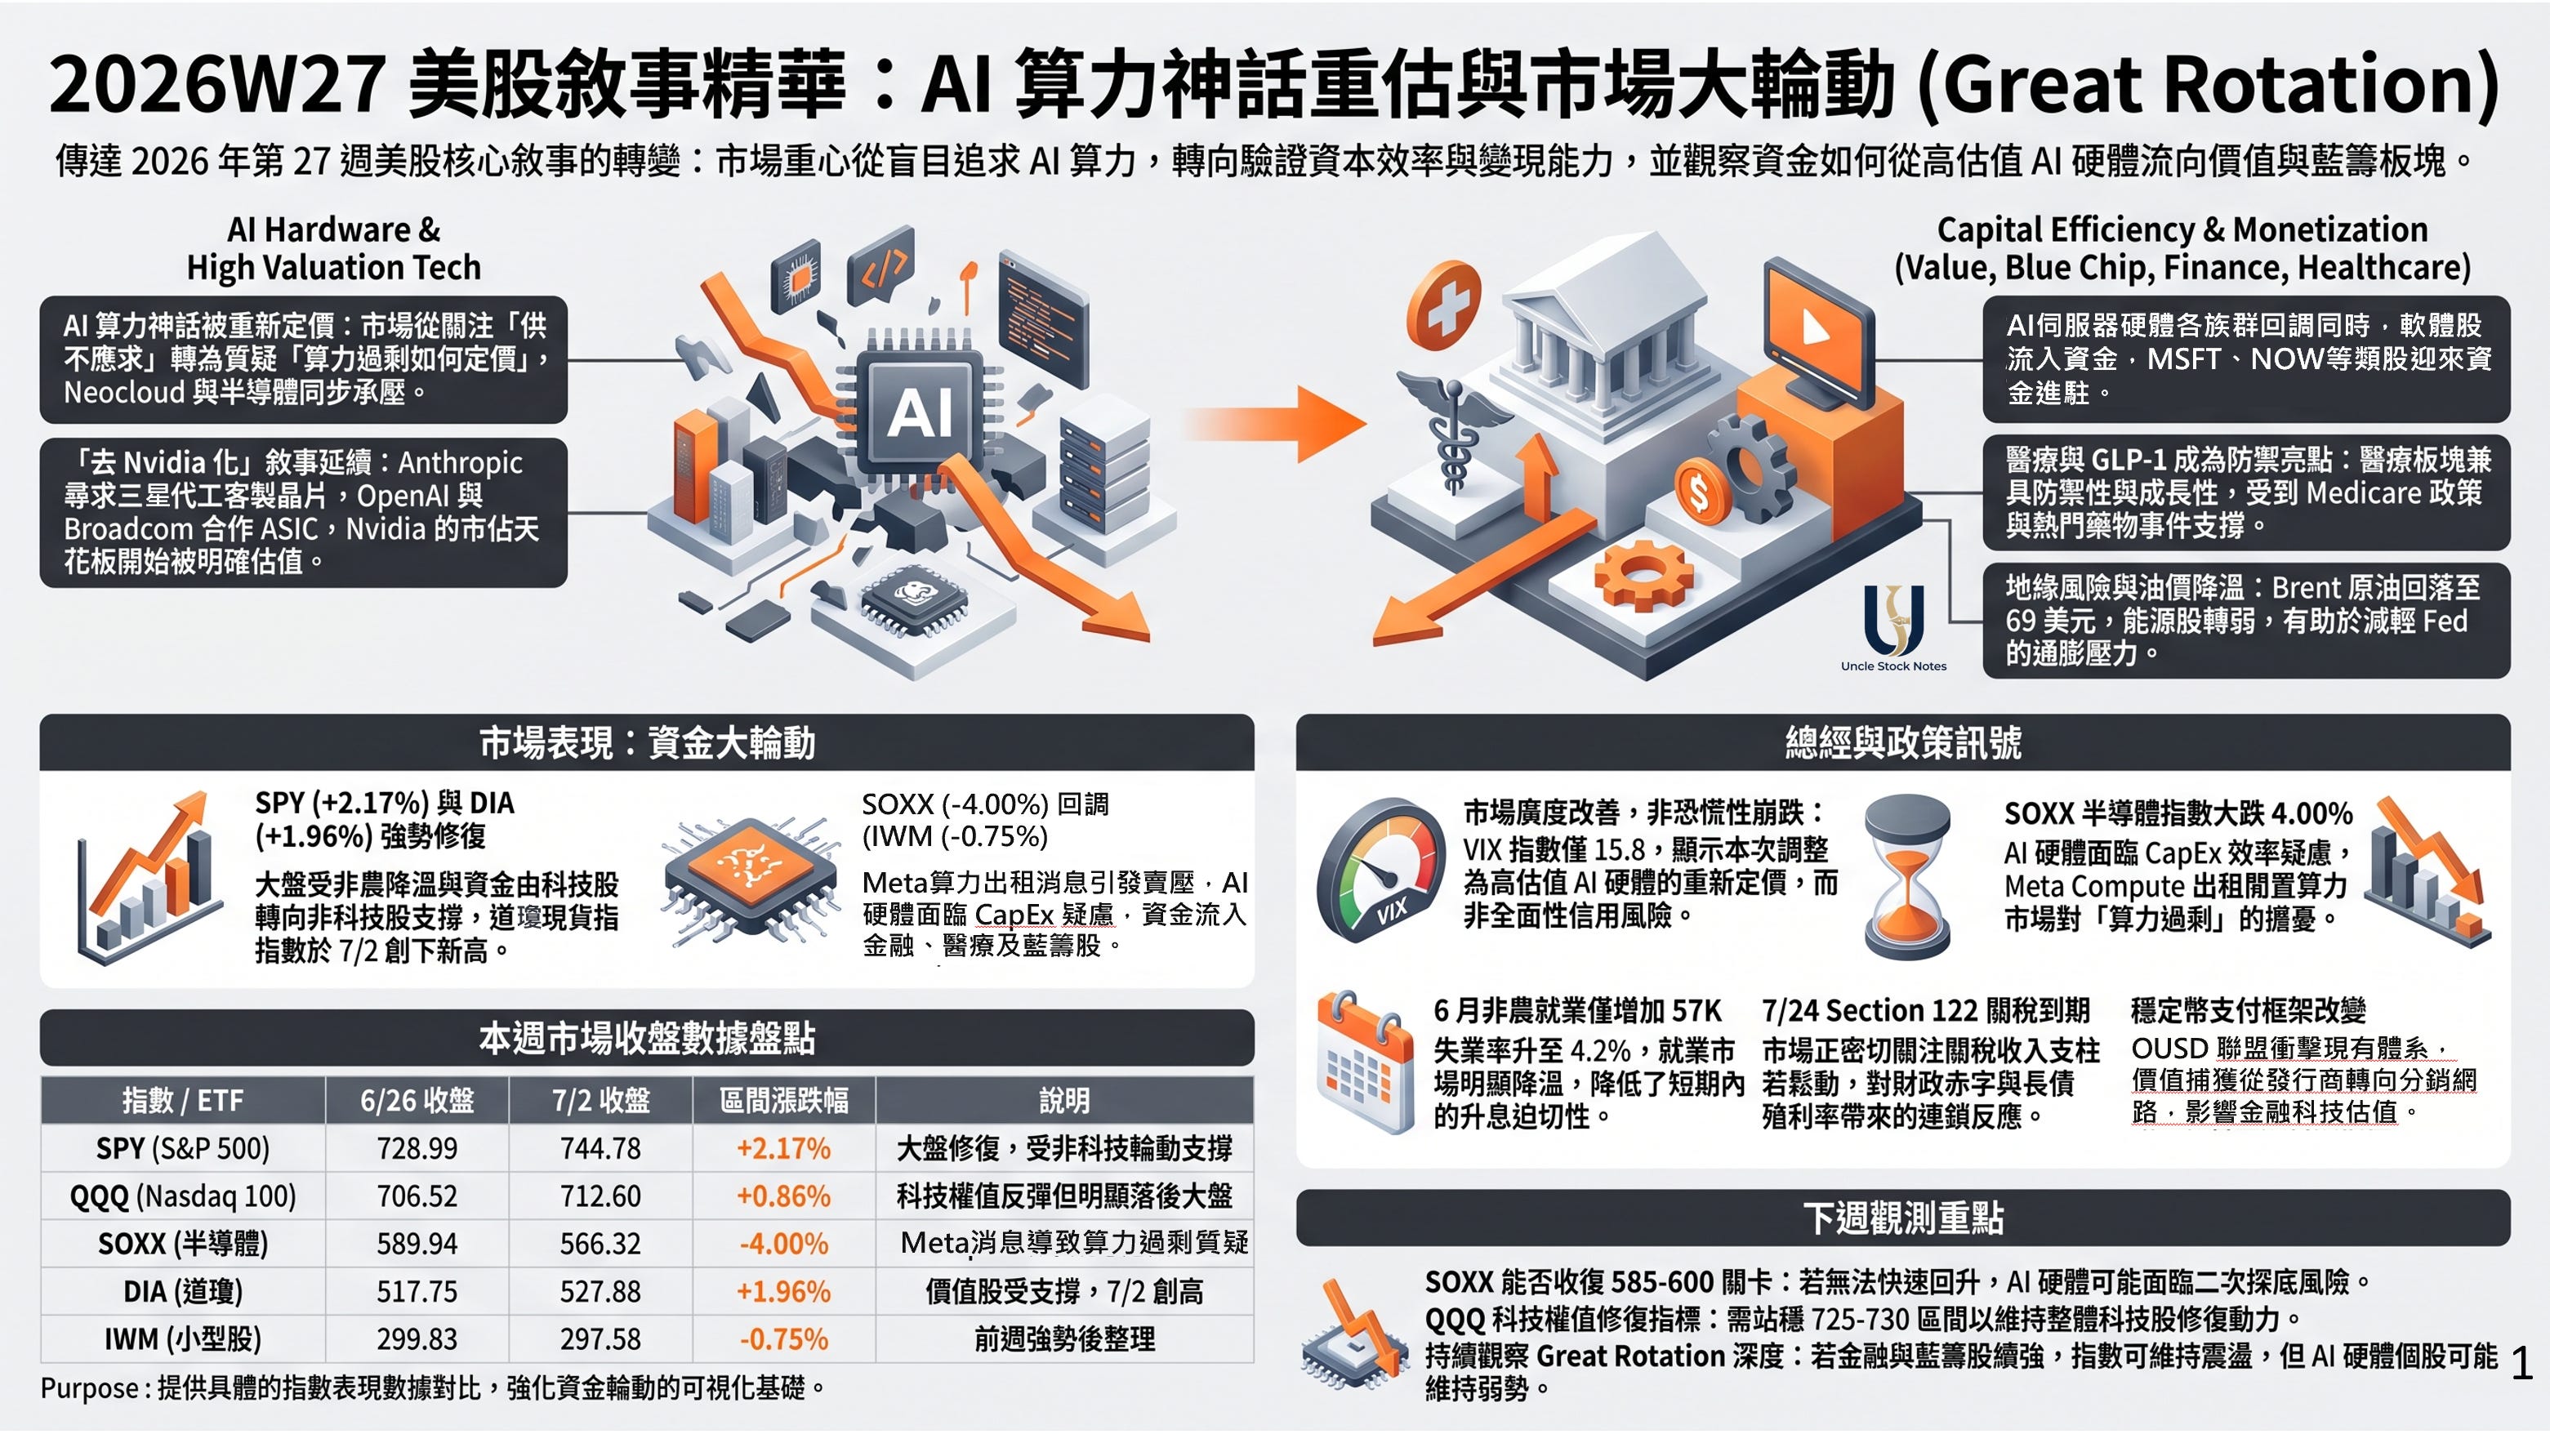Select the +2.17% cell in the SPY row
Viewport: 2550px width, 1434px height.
783,1148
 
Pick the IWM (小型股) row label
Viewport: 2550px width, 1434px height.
183,1339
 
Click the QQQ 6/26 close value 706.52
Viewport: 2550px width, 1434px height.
417,1196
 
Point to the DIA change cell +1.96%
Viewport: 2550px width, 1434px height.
783,1291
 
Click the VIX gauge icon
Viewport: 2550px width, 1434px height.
1381,869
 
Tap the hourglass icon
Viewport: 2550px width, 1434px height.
1906,873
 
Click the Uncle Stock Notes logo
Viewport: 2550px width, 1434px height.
1893,629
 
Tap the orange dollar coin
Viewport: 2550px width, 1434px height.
1701,491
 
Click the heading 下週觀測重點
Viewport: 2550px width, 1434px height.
1902,1218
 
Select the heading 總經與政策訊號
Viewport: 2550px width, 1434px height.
1902,742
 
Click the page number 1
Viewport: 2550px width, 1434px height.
2522,1364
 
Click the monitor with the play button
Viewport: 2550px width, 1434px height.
1817,331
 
